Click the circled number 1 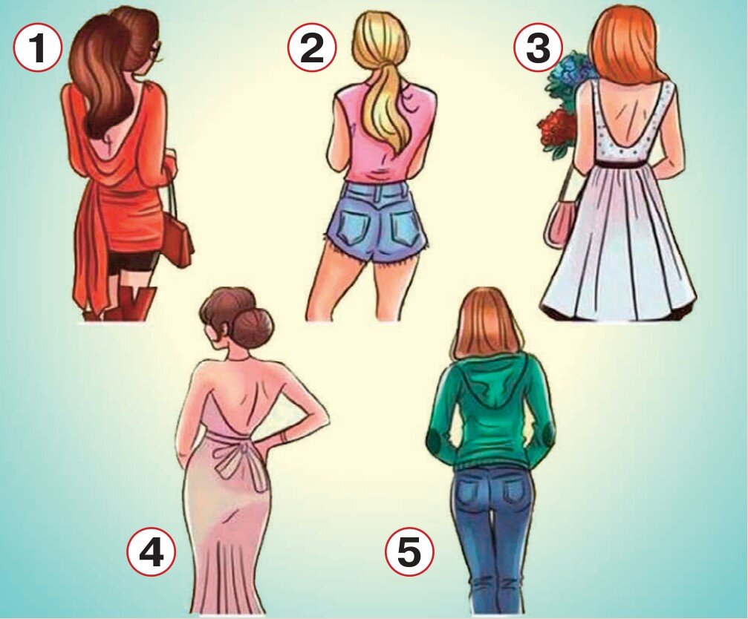38,48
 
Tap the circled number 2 312,48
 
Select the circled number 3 538,48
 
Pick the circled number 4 152,554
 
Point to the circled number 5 410,554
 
